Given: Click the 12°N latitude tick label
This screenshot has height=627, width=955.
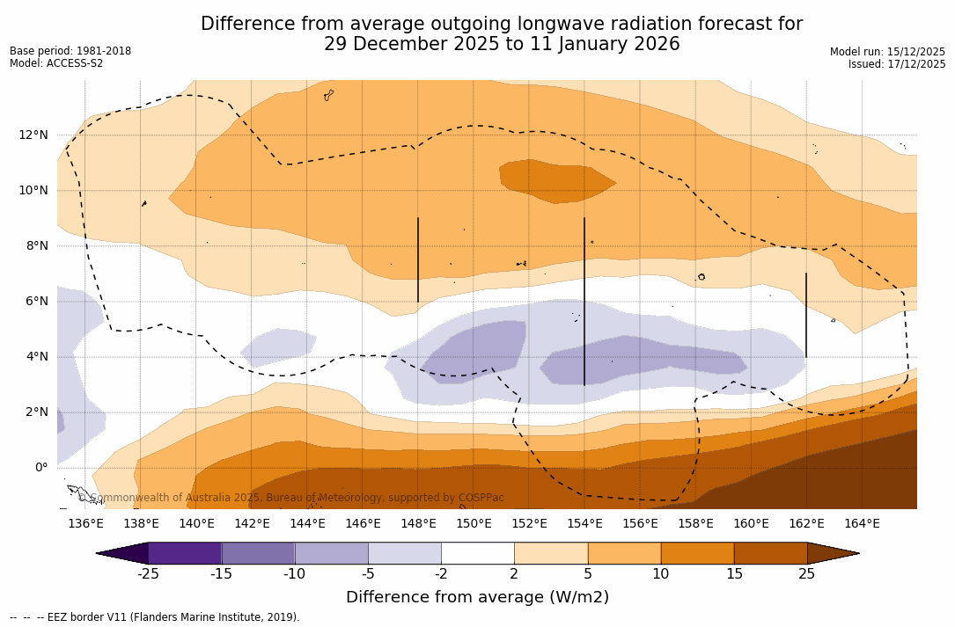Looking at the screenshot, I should point(33,135).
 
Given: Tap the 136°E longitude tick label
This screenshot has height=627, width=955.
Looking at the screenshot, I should point(85,524).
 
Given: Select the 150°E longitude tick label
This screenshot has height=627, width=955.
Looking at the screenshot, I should point(474,524).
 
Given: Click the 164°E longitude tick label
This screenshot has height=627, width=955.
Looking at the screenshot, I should point(862,524).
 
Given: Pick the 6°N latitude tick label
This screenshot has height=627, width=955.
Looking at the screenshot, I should point(33,301).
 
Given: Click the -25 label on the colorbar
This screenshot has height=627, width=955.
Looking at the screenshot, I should point(148,574).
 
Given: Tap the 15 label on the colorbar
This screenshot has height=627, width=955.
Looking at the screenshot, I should point(734,574).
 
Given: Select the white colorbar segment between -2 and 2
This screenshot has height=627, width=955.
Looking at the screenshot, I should point(477,553).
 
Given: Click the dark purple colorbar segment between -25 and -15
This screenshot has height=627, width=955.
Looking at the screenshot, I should point(185,553).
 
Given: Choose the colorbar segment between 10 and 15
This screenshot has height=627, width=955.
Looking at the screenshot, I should point(697,553).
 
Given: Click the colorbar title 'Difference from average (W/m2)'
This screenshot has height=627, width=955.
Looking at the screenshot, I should point(477,597).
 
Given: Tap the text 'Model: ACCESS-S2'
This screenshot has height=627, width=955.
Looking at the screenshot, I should point(56,63).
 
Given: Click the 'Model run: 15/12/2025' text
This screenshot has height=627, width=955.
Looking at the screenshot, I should point(887,52).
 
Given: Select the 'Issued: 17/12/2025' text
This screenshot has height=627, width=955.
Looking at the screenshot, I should point(897,64).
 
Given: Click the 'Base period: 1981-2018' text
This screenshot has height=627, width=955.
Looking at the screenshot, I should point(70,51).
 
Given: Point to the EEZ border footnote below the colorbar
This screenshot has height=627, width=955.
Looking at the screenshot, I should point(155,617).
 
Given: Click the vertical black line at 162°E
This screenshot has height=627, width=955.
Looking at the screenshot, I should point(806,315).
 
